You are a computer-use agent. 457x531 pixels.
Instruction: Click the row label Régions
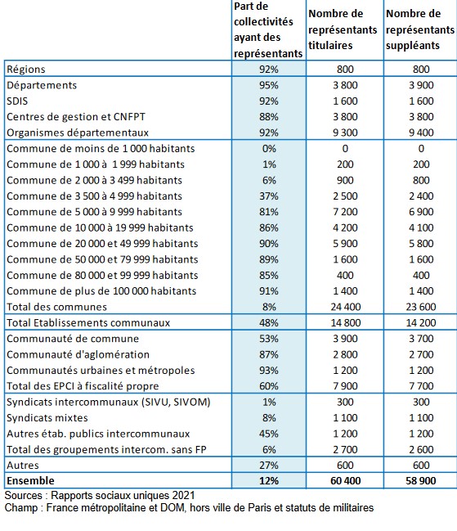(x=26, y=70)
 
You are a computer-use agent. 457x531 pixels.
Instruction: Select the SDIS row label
(x=17, y=101)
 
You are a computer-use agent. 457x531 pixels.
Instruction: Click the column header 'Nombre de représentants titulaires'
(x=343, y=29)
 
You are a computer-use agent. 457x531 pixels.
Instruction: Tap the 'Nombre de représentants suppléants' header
(x=420, y=29)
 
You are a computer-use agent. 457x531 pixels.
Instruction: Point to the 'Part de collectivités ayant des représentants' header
(x=268, y=29)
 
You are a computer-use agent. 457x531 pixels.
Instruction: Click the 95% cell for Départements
(x=269, y=85)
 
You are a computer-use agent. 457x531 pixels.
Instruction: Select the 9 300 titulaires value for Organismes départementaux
(x=345, y=133)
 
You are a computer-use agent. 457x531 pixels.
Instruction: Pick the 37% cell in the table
(x=269, y=196)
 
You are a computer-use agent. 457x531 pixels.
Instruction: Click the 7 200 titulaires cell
(x=345, y=212)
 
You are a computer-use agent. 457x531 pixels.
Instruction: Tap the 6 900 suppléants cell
(x=421, y=212)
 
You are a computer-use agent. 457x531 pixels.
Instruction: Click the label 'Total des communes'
(x=57, y=307)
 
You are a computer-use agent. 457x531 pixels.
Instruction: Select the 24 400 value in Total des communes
(x=346, y=307)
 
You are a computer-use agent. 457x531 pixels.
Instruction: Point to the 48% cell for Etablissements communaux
(x=269, y=322)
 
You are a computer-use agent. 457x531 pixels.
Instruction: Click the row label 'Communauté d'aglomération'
(x=78, y=354)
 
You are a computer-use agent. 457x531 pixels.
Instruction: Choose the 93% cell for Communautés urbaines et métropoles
(x=269, y=370)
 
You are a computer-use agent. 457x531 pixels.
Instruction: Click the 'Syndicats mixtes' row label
(x=47, y=418)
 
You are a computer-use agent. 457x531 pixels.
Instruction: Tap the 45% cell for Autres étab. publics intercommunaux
(x=269, y=434)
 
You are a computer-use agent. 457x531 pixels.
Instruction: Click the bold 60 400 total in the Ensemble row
(x=346, y=481)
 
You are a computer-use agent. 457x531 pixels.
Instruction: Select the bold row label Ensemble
(x=30, y=481)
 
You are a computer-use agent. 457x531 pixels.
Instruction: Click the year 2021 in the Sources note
(x=184, y=496)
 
